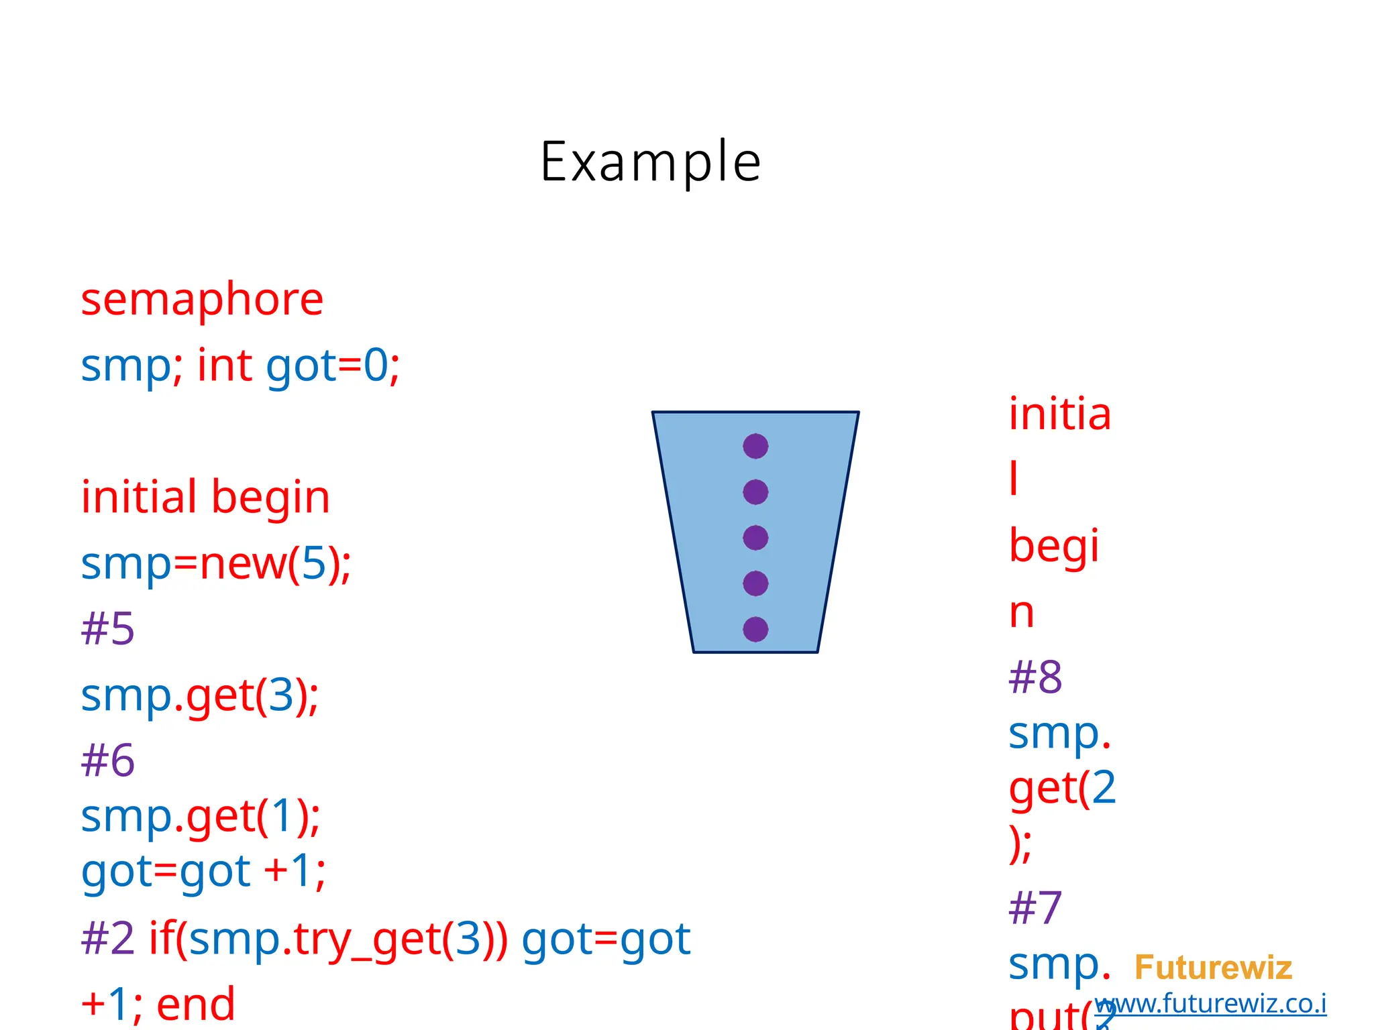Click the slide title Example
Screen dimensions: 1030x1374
point(650,162)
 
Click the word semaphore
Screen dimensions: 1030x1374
point(202,299)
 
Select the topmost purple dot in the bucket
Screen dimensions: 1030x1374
point(755,446)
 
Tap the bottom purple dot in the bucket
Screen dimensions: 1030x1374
point(755,629)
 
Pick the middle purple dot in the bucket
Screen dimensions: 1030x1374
point(755,538)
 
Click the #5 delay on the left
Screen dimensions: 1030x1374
point(107,629)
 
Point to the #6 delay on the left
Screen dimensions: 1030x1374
point(107,760)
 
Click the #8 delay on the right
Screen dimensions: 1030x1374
point(1035,677)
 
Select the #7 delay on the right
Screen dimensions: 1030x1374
point(1035,908)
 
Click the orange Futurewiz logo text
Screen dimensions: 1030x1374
point(1213,968)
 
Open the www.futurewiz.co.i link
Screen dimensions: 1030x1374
point(1211,1004)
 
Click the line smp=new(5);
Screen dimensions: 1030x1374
point(215,563)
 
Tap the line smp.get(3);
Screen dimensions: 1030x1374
point(199,695)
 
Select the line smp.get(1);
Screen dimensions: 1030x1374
point(200,817)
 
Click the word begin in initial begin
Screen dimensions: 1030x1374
point(270,498)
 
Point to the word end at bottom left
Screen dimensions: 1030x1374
point(195,1004)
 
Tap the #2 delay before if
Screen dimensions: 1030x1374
point(107,939)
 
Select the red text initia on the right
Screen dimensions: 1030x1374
point(1060,414)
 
